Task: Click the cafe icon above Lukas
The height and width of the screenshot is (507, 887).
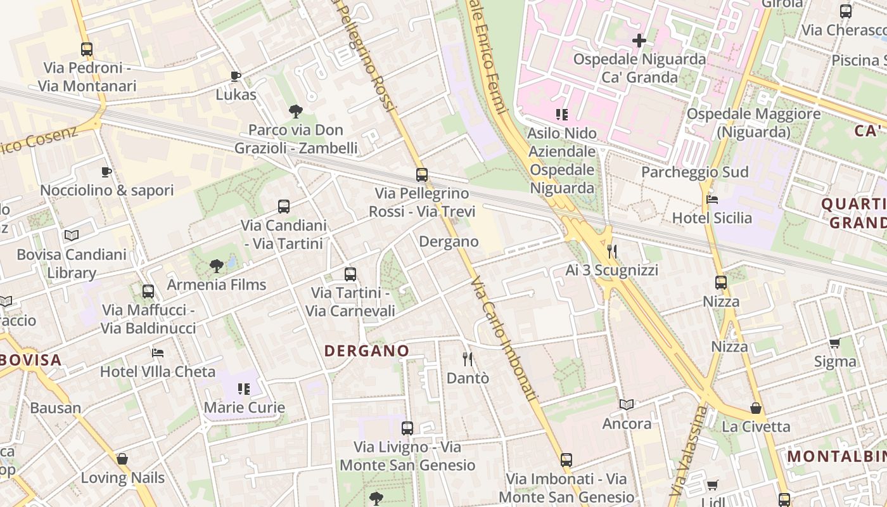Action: [236, 77]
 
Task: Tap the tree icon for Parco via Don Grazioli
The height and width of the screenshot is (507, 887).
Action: [295, 112]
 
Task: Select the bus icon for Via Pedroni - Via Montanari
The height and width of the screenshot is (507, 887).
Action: [87, 49]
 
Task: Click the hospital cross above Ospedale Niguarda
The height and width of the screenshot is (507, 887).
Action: [639, 41]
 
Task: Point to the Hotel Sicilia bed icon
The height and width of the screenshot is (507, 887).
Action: [712, 200]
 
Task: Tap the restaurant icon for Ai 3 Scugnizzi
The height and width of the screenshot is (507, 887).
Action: [611, 252]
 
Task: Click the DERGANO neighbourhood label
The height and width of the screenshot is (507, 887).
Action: [367, 350]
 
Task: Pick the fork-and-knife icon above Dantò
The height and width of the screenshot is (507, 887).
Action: [468, 359]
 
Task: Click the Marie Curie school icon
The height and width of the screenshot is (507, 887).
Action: [244, 388]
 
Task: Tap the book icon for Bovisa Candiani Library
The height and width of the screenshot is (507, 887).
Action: [72, 236]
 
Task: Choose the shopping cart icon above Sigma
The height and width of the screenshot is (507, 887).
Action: [835, 343]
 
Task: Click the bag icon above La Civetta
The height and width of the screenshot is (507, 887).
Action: [755, 408]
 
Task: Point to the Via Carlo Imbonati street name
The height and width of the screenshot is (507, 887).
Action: [505, 339]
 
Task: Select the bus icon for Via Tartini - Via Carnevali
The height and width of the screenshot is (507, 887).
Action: [350, 274]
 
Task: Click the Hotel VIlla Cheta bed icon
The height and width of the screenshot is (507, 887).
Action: [158, 352]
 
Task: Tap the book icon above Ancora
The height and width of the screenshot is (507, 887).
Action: [627, 404]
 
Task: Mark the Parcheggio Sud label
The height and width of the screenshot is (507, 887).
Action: [694, 172]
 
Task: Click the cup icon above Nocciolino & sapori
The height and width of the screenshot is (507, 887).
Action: [106, 172]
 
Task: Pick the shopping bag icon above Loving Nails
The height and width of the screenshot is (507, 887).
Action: [122, 459]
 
